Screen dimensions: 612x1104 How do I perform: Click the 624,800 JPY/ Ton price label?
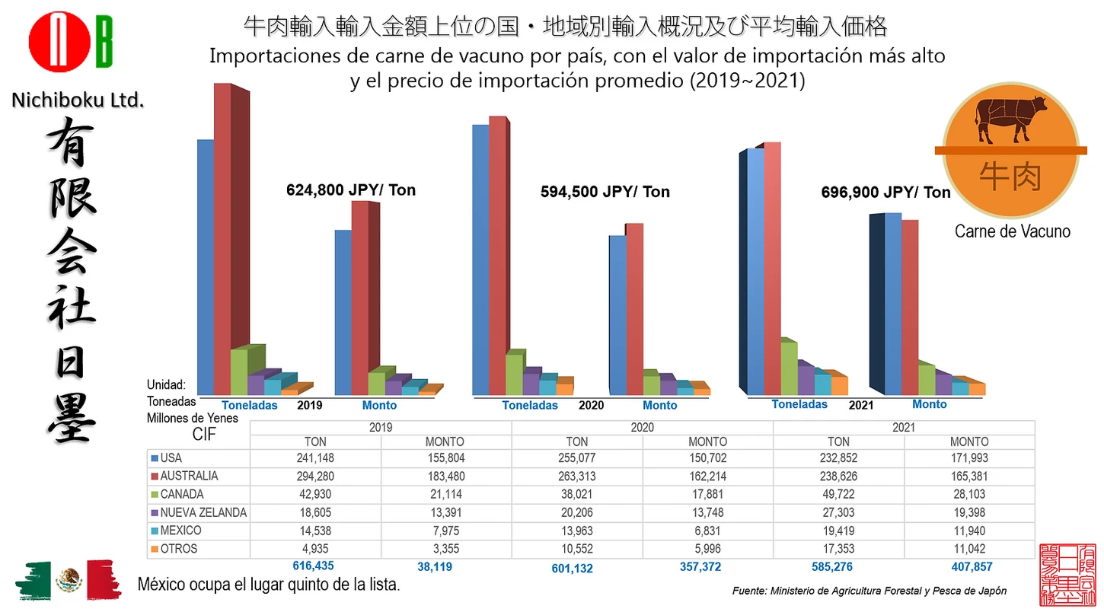click(x=351, y=190)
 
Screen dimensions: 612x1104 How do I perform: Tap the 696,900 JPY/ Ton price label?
click(x=885, y=193)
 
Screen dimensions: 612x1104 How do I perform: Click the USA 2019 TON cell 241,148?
click(x=315, y=458)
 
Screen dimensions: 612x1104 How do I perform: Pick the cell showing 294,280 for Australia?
click(x=315, y=477)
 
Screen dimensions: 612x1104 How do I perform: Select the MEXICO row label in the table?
click(x=180, y=531)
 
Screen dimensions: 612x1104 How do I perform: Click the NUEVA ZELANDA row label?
click(x=203, y=512)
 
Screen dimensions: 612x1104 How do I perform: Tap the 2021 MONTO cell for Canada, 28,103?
click(x=968, y=495)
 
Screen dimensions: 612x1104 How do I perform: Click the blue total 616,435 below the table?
click(x=313, y=566)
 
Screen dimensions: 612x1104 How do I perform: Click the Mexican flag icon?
click(x=68, y=580)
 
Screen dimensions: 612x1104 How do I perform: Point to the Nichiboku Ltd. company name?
click(x=78, y=99)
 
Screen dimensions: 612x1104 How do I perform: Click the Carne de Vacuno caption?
click(x=1012, y=231)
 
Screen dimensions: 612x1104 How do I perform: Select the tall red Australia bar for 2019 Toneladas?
click(x=222, y=236)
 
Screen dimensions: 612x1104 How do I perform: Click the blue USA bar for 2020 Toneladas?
click(x=480, y=259)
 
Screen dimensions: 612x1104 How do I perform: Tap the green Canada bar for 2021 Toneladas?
click(x=789, y=368)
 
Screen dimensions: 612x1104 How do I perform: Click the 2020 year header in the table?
click(x=642, y=429)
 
